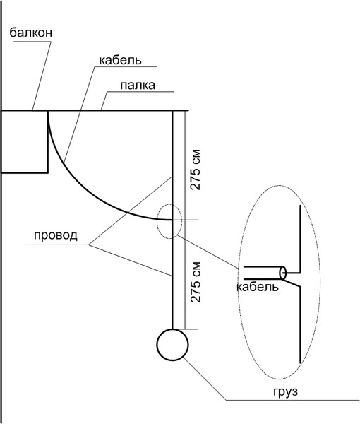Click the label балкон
[x=31, y=33]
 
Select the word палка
[x=138, y=86]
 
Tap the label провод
[x=56, y=236]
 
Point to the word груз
[x=285, y=391]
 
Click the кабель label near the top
[x=120, y=60]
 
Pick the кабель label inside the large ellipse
[x=257, y=287]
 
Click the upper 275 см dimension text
[x=196, y=170]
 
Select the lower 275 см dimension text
[x=196, y=282]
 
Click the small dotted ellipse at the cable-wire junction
[x=157, y=222]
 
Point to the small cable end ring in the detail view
[x=283, y=273]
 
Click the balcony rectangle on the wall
[x=48, y=141]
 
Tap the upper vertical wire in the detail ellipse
[x=300, y=240]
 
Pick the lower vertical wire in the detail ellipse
[x=300, y=324]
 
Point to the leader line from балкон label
[x=42, y=76]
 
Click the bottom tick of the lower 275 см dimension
[x=191, y=329]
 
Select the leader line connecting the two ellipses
[x=208, y=252]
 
